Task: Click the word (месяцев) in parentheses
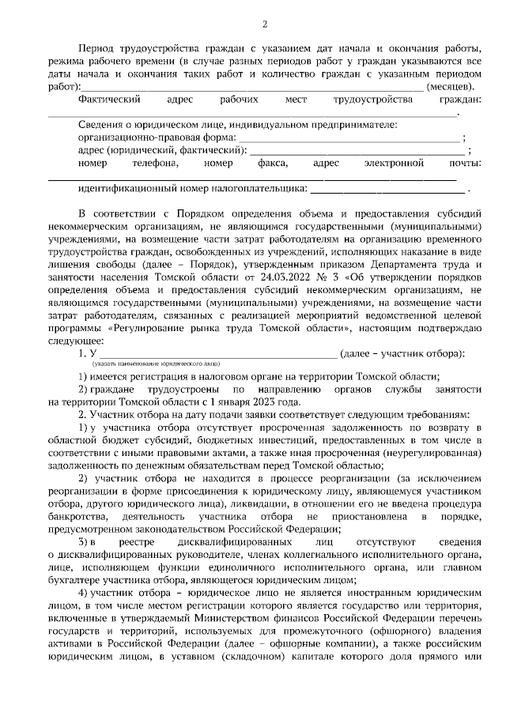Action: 451,86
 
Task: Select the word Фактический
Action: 110,100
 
